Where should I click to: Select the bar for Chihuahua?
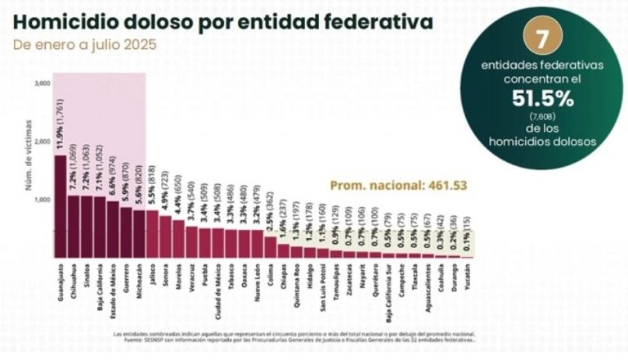tap(74, 226)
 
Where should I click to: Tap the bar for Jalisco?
tap(153, 233)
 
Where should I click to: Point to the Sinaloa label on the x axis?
tap(87, 277)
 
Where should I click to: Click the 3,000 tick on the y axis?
tap(42, 83)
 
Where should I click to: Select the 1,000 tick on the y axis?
tap(42, 200)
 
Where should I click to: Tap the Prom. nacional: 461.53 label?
tap(398, 185)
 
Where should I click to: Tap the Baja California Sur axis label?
tap(388, 290)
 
